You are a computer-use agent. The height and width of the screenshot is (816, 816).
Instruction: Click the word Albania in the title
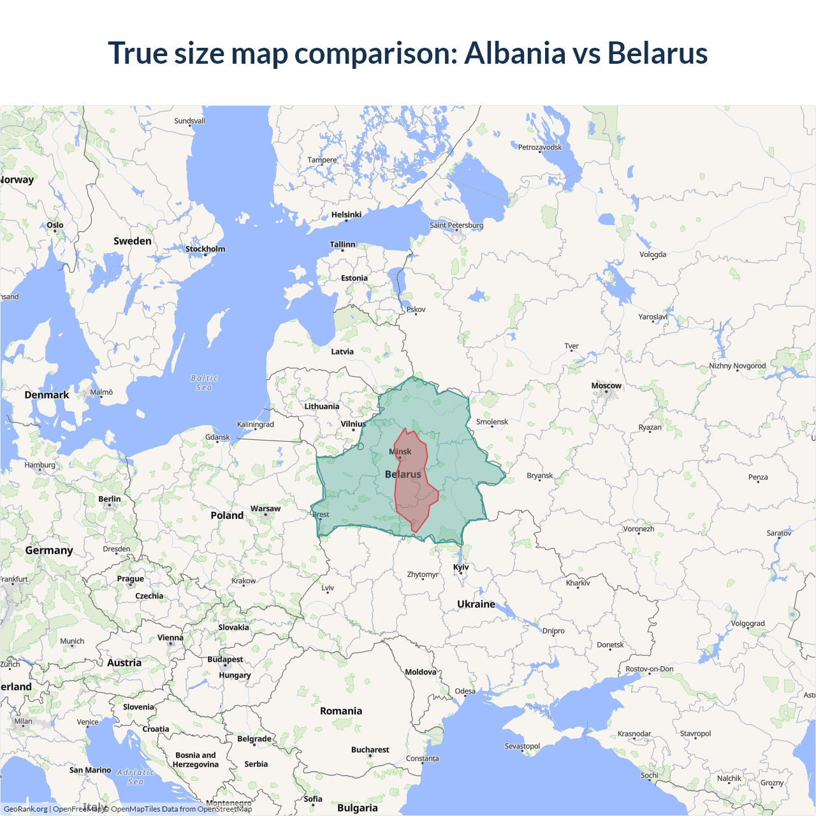tap(514, 53)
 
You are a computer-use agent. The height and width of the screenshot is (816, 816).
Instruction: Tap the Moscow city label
tap(606, 386)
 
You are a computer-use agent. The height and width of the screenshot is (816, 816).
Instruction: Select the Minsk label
tap(400, 451)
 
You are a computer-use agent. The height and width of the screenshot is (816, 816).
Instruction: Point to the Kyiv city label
tap(461, 567)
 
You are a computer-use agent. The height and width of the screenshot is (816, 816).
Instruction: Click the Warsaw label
tap(265, 509)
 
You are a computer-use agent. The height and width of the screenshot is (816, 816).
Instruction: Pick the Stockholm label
tap(205, 249)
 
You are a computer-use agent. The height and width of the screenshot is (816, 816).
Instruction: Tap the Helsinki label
tap(346, 215)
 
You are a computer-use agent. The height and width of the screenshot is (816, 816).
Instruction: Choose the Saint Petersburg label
tap(456, 225)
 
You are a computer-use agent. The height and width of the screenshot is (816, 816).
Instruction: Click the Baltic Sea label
tap(204, 382)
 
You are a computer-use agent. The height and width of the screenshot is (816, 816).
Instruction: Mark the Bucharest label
tap(370, 750)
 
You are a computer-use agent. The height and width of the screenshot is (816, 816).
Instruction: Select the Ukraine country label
tap(476, 604)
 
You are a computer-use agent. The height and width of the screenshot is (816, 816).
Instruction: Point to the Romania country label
tap(341, 711)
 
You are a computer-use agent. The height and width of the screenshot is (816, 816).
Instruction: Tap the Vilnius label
tap(353, 424)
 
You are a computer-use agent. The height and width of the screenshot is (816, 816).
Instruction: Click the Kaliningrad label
tap(255, 425)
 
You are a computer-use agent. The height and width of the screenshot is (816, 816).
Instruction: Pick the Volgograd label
tap(748, 623)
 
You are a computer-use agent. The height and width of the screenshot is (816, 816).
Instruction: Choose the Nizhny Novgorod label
tap(738, 366)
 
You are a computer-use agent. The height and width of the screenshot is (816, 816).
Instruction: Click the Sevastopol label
tap(522, 746)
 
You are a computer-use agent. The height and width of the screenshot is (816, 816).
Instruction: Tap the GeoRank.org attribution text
tap(25, 809)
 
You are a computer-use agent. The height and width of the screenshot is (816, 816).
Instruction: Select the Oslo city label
tap(55, 225)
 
